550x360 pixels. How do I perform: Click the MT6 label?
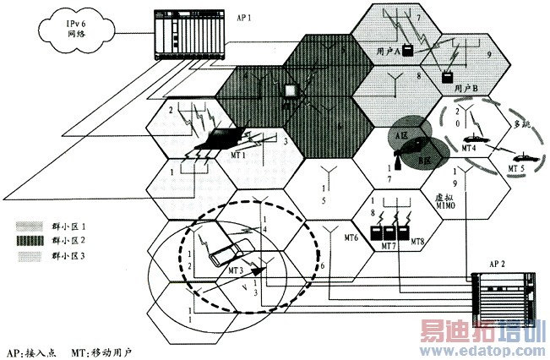coord(346,239)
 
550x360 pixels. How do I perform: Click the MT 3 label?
coord(238,270)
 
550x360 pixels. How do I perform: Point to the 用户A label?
coord(386,52)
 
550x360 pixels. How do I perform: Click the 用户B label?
coord(466,88)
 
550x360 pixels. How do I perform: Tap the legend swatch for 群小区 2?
coord(29,241)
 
